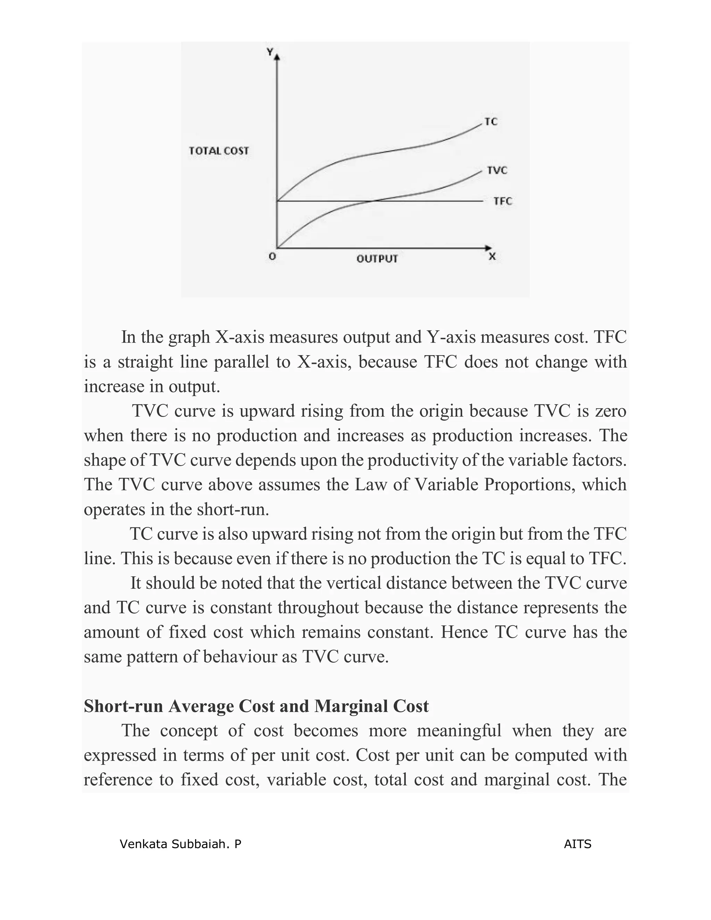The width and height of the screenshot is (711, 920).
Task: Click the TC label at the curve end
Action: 491,122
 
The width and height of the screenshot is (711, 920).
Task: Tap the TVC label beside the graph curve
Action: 497,170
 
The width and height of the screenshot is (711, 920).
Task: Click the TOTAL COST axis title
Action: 219,151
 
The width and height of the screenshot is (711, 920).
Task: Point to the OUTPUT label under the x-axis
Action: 377,259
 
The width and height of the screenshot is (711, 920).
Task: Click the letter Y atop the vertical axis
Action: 269,52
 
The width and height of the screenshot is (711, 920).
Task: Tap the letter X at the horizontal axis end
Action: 492,256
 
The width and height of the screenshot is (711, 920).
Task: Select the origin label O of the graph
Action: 273,256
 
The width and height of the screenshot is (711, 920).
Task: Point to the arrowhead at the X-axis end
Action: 488,248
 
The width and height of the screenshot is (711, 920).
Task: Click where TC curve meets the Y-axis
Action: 277,201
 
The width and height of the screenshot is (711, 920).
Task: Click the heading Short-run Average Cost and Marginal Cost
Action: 256,706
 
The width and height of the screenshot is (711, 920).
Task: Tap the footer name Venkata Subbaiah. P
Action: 180,844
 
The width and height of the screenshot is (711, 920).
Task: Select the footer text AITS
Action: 577,844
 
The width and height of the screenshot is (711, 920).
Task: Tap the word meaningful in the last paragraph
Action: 459,731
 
